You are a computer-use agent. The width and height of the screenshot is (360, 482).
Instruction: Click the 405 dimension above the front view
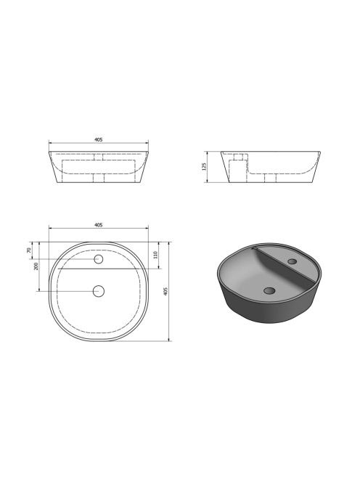(99, 139)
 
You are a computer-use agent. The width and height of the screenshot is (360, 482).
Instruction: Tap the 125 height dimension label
(204, 167)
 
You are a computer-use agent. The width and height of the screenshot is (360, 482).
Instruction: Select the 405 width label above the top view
(99, 225)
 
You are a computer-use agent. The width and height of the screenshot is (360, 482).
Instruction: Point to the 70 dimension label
(30, 250)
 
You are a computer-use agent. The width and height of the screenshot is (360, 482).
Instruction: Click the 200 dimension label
(36, 266)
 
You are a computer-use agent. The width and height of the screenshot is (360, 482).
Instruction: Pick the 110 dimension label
(155, 255)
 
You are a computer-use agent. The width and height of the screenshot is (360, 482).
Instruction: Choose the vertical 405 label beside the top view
(165, 291)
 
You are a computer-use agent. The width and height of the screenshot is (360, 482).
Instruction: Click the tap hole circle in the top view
(99, 259)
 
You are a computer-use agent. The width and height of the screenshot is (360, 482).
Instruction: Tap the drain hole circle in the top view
(99, 291)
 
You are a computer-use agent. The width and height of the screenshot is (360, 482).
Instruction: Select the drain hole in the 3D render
(269, 290)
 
